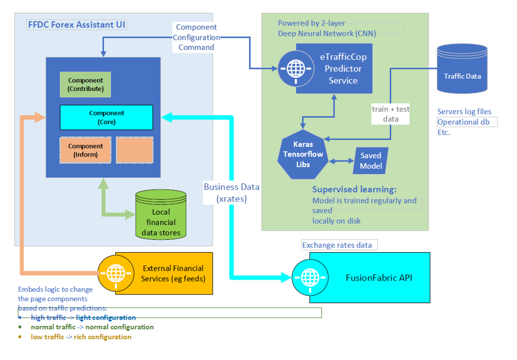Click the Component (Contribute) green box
pyautogui.click(x=86, y=84)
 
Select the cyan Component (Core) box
pyautogui.click(x=106, y=117)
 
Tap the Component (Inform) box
pyautogui.click(x=86, y=150)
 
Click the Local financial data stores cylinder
pyautogui.click(x=161, y=216)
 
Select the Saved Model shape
pyautogui.click(x=370, y=160)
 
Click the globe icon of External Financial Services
pyautogui.click(x=116, y=274)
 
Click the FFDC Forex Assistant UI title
pyautogui.click(x=77, y=25)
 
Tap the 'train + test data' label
pyautogui.click(x=391, y=114)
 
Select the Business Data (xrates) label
pyautogui.click(x=231, y=192)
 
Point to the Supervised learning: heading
pyautogui.click(x=354, y=190)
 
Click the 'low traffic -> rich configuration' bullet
pyautogui.click(x=81, y=337)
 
